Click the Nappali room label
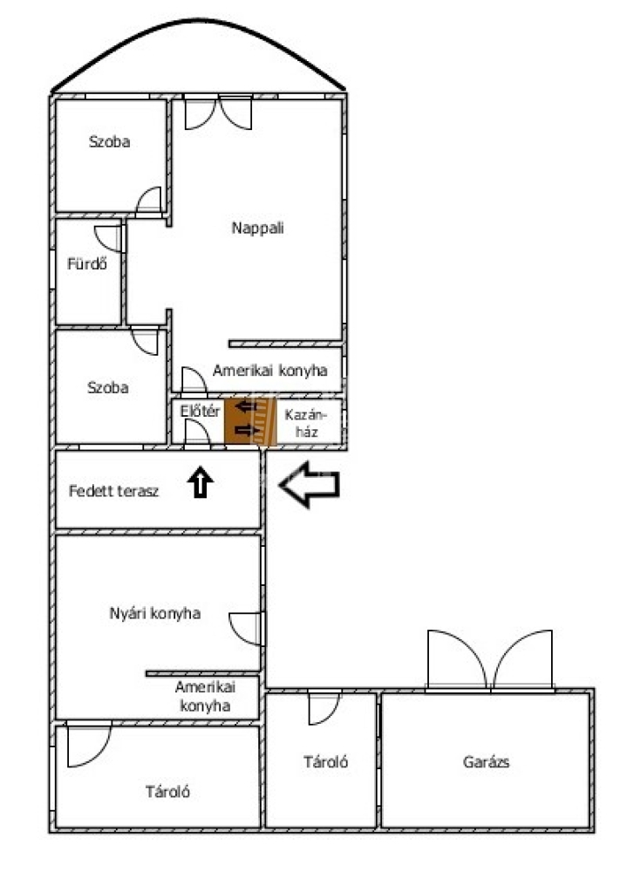(257, 228)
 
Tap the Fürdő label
(86, 263)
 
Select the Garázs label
(486, 762)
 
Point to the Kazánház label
(306, 423)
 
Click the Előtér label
(200, 411)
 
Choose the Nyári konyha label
(155, 613)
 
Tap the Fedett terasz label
(113, 491)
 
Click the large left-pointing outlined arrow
(310, 484)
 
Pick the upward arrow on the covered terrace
(200, 481)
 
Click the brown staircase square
(250, 421)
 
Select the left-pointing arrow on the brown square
(247, 406)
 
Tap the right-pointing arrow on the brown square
(247, 430)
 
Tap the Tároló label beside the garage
(325, 762)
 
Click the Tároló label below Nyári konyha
(167, 792)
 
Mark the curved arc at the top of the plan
(199, 21)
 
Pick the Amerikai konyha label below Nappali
(269, 371)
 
